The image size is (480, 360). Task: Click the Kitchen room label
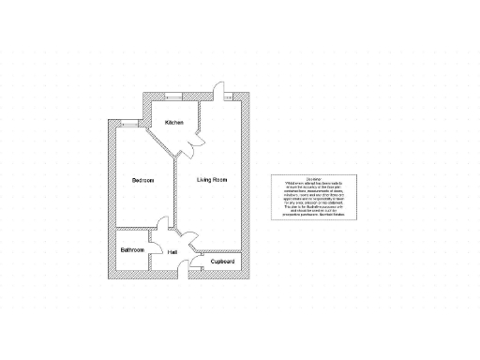tap(174, 123)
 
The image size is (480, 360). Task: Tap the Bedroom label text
tap(142, 180)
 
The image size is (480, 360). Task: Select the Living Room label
tap(212, 179)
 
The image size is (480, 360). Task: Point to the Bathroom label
tap(132, 250)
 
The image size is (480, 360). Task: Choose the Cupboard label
tap(222, 262)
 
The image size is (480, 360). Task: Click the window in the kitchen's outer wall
tap(173, 96)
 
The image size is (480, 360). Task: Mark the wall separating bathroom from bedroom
tap(131, 230)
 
